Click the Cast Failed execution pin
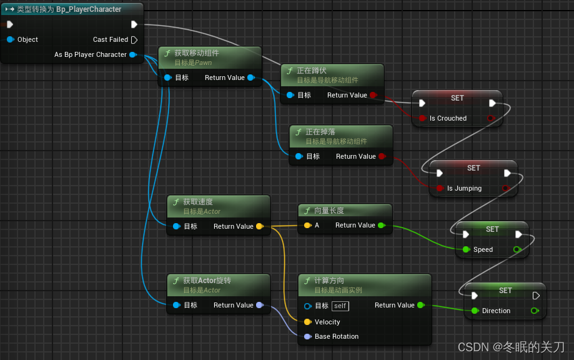(134, 39)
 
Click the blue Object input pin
(10, 39)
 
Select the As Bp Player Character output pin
(133, 54)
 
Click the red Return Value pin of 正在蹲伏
(373, 95)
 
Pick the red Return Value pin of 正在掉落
(382, 156)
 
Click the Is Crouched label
(448, 118)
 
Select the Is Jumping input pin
(440, 188)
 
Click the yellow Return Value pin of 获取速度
(259, 226)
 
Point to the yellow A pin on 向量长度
(307, 225)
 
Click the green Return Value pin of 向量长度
(381, 225)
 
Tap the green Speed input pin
(466, 249)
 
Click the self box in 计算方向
(340, 306)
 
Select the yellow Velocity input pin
(307, 322)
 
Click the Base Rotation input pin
(307, 336)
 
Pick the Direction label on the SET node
(496, 311)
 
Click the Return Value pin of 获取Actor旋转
(259, 305)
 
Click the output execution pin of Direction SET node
(536, 296)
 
